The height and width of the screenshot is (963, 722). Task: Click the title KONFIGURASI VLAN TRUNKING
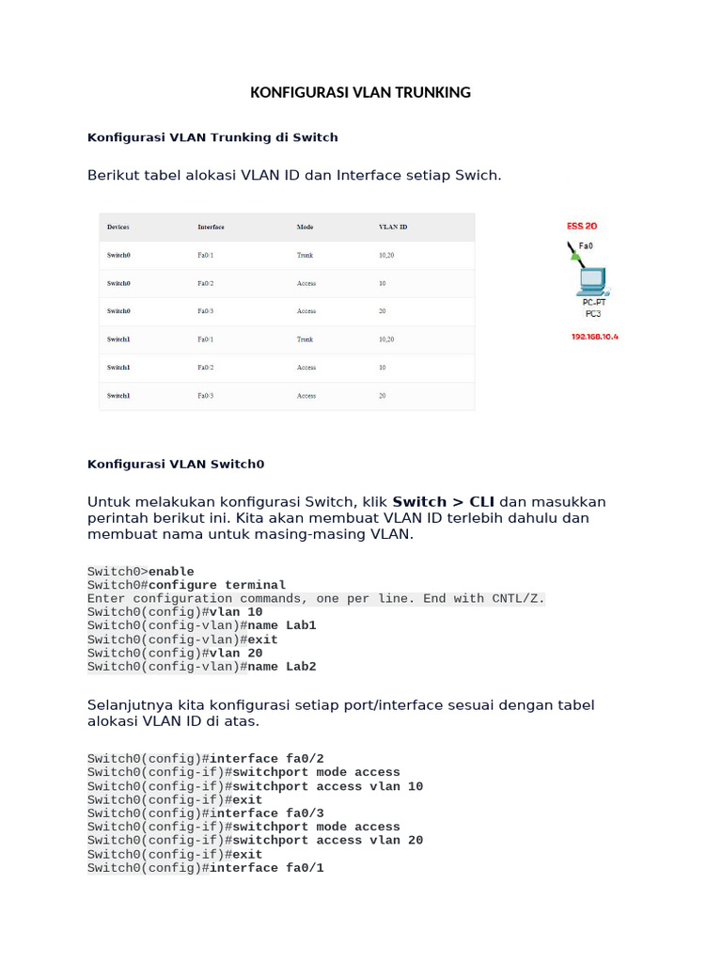[x=360, y=92]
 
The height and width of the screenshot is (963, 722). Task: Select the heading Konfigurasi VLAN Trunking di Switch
[x=212, y=137]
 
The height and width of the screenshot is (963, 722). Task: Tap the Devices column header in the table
[x=118, y=227]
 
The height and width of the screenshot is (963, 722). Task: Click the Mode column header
[x=305, y=227]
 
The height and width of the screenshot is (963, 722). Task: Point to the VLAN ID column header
[x=393, y=227]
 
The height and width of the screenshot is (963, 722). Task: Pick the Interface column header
[x=211, y=227]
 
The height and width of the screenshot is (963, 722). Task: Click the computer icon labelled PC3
[x=592, y=281]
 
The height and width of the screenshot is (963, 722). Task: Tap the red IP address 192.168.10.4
[x=595, y=336]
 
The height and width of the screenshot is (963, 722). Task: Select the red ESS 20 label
[x=582, y=226]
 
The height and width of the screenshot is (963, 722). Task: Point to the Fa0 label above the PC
[x=586, y=245]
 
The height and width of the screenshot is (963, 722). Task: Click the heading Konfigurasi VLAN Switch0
[x=176, y=464]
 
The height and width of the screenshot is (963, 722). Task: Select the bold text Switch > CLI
[x=443, y=501]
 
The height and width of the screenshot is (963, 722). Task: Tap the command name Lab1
[x=282, y=625]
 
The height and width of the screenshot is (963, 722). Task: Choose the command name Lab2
[x=282, y=667]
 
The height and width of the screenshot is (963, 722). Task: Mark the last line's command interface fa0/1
[x=267, y=868]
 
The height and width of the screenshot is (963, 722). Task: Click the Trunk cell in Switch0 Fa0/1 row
[x=305, y=255]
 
